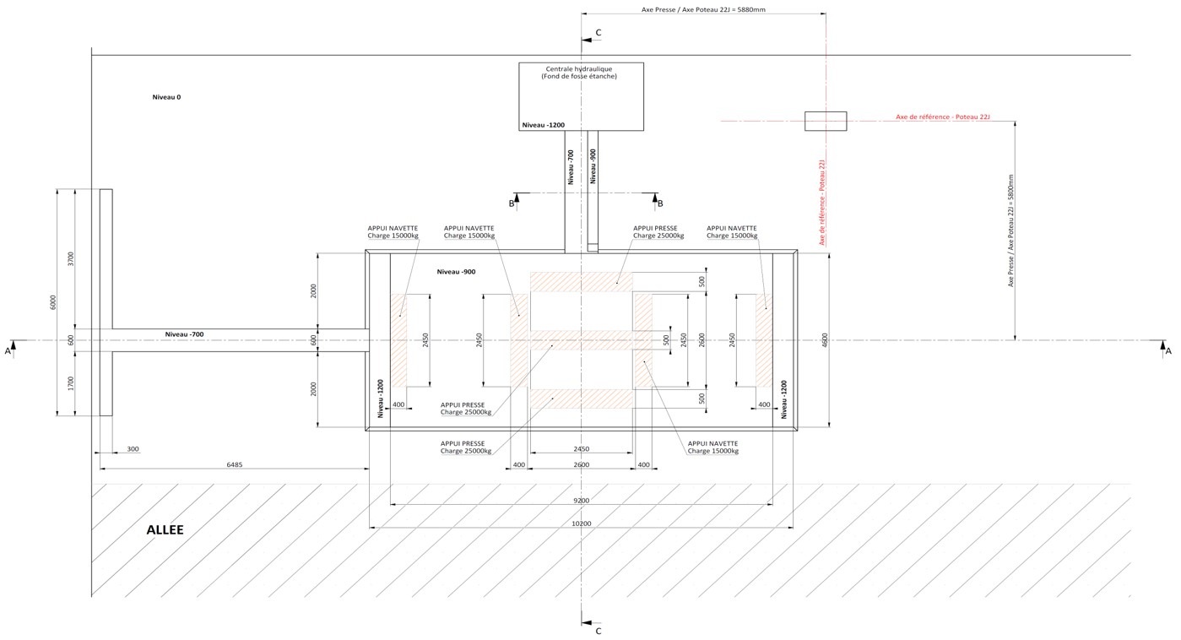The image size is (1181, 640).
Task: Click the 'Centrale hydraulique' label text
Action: [x=581, y=68]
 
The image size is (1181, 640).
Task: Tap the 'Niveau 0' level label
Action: [x=166, y=97]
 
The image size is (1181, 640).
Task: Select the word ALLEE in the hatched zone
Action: [x=165, y=530]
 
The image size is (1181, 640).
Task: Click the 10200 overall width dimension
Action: [x=582, y=523]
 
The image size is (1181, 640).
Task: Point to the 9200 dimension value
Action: [x=582, y=500]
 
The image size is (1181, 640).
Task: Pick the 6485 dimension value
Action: [x=236, y=464]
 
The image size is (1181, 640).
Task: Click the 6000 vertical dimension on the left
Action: [x=52, y=302]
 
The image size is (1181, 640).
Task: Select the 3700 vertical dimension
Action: [x=71, y=258]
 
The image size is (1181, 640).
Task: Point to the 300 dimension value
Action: [x=133, y=449]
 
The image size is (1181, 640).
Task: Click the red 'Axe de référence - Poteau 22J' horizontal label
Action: [x=942, y=117]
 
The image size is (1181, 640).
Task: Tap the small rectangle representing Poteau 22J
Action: [x=825, y=121]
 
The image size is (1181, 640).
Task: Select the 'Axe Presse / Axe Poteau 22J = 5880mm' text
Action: [x=703, y=10]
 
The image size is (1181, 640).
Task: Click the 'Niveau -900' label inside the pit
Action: [x=457, y=271]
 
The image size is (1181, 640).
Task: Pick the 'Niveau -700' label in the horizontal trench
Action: [x=184, y=334]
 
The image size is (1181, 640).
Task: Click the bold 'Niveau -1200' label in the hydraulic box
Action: [x=543, y=125]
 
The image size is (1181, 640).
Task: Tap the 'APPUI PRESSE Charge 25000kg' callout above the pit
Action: [x=658, y=231]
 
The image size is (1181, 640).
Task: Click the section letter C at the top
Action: [x=599, y=33]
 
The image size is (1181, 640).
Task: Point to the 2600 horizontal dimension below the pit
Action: [x=581, y=464]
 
